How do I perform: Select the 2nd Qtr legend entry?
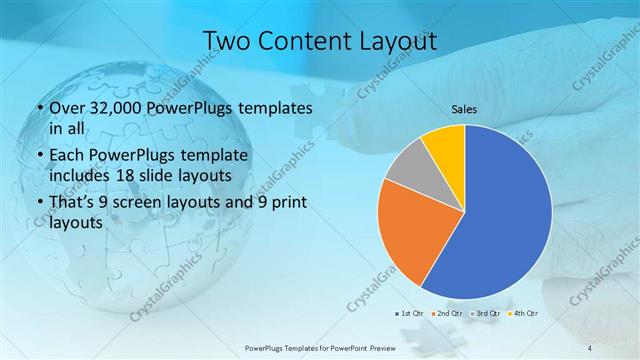(x=449, y=313)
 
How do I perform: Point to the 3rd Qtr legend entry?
(x=487, y=313)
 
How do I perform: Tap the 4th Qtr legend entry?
(x=524, y=313)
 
